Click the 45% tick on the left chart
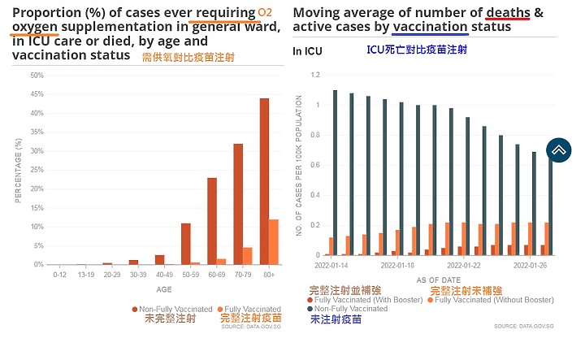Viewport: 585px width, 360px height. [38, 94]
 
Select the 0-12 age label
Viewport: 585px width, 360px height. [59, 275]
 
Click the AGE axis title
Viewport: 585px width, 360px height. [164, 288]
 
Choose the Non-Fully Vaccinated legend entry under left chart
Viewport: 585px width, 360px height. [171, 309]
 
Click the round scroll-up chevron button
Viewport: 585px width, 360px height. [560, 150]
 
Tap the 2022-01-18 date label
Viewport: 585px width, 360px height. [397, 266]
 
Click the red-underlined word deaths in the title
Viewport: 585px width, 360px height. [508, 12]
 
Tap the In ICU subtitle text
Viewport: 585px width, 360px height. [308, 50]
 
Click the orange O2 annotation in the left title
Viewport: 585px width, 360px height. [266, 12]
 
